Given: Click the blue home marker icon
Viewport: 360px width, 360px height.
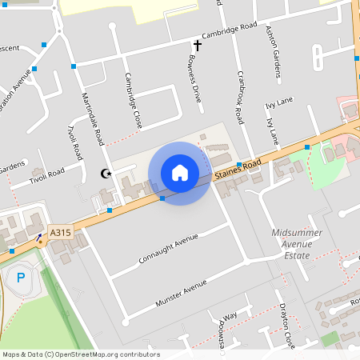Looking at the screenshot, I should (x=180, y=173).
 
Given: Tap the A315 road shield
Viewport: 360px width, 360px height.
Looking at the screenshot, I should (x=60, y=233).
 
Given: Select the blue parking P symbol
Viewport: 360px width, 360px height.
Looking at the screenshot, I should (x=21, y=278).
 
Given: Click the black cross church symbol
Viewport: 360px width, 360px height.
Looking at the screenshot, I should (x=197, y=46).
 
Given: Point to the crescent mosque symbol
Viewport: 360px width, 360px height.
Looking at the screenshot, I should (x=104, y=173).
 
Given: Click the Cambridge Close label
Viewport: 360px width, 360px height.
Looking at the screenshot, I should (x=133, y=101).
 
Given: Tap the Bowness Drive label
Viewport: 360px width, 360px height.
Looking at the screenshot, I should (x=194, y=78).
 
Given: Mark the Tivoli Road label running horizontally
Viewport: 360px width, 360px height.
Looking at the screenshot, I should (x=46, y=174).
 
